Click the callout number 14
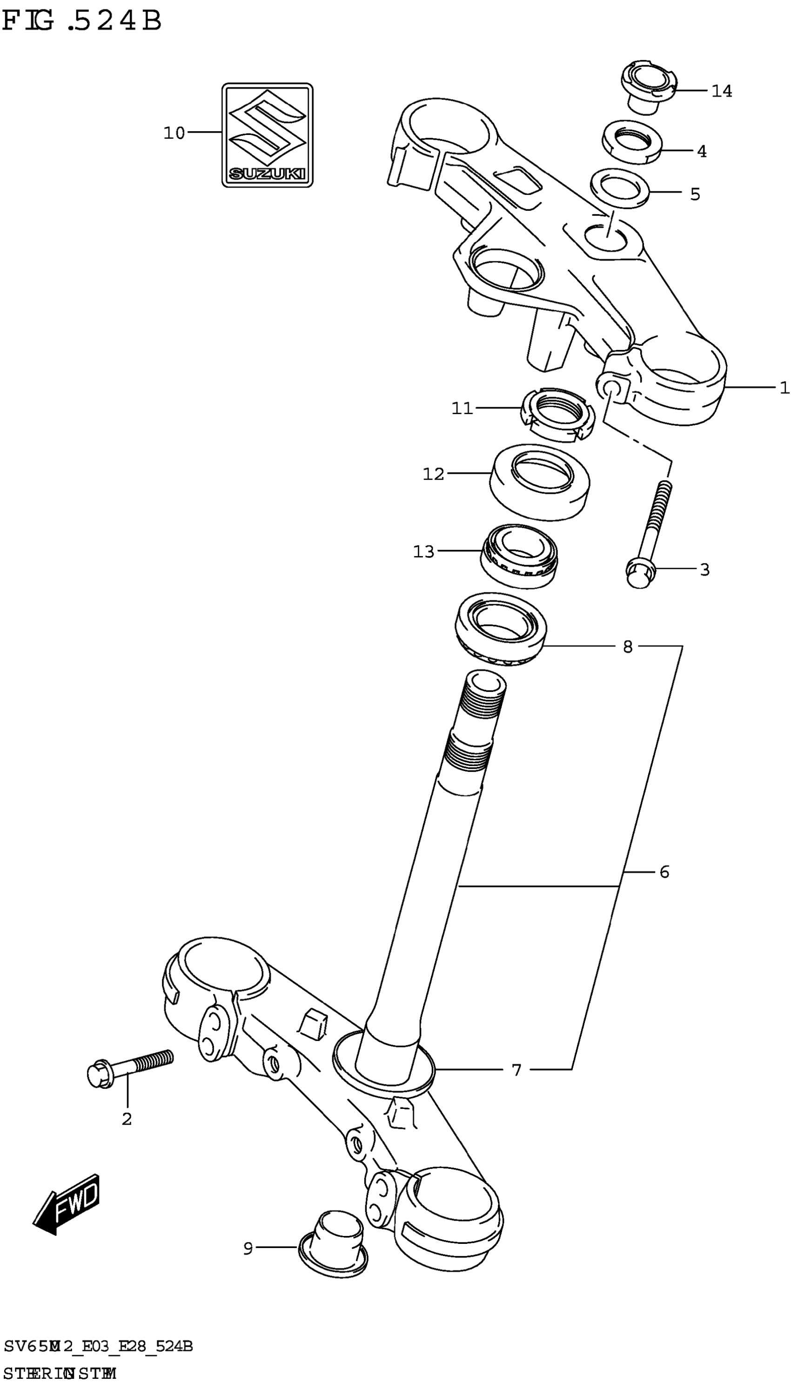[722, 91]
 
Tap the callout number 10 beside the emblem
[174, 133]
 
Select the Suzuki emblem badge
[267, 134]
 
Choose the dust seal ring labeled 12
[540, 481]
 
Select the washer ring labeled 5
[620, 188]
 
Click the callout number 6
[664, 873]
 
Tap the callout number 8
[628, 647]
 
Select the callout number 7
[516, 1071]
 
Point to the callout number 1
[784, 388]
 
